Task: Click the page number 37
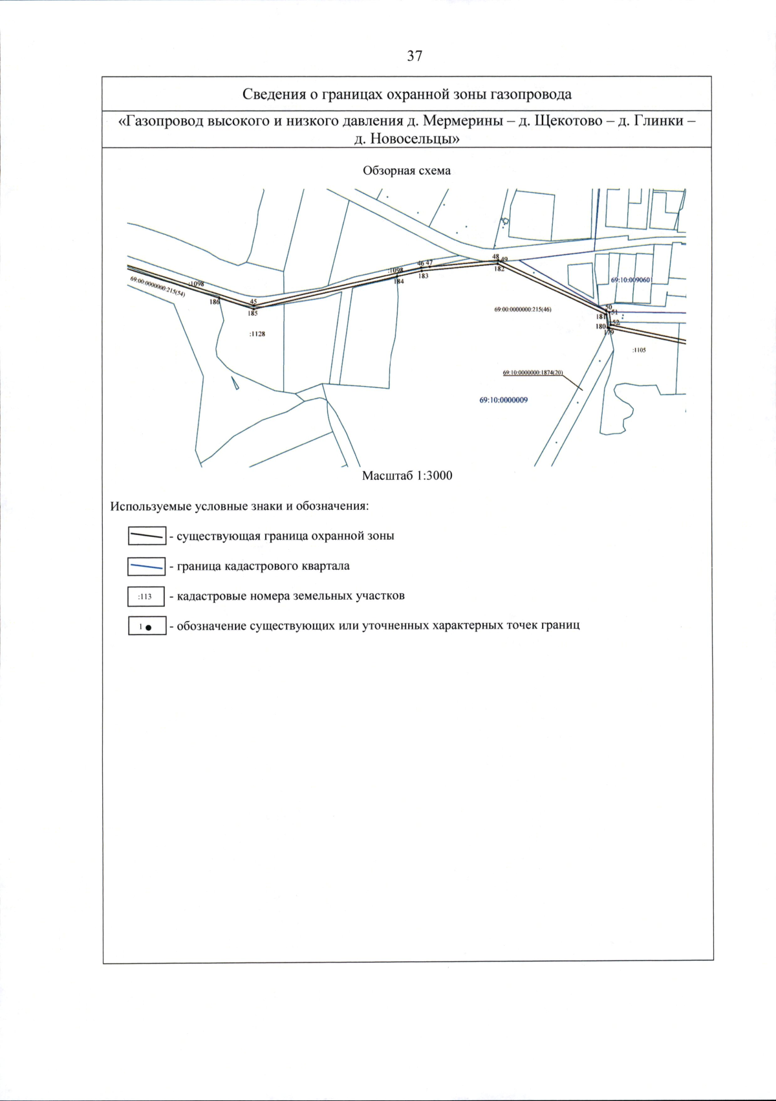[415, 56]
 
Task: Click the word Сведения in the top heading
[272, 94]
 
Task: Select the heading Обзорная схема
[407, 171]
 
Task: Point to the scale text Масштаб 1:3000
[407, 475]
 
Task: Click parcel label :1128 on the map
[257, 334]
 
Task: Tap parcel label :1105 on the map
[639, 350]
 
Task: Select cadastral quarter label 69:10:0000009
[503, 400]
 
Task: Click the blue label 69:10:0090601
[630, 280]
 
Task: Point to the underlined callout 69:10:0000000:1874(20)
[533, 373]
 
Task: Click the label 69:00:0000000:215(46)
[523, 309]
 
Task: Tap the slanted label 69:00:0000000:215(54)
[158, 287]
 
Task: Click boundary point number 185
[253, 313]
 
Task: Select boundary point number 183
[423, 276]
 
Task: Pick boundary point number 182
[499, 269]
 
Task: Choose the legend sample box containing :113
[146, 596]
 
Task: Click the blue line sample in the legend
[146, 567]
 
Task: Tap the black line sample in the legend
[146, 536]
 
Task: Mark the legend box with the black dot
[146, 626]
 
